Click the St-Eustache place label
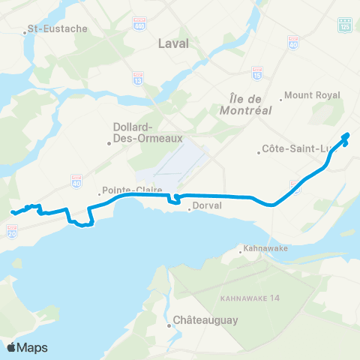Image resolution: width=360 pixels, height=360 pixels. coord(57,29)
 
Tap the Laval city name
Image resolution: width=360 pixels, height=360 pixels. coord(173,44)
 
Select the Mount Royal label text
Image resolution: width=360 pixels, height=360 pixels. coord(313,96)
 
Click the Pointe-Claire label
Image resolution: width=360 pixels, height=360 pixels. coord(127,190)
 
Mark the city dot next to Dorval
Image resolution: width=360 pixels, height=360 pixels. coord(189,210)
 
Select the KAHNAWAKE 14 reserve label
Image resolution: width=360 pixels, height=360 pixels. coord(249,298)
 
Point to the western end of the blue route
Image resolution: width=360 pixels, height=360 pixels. coord(12,213)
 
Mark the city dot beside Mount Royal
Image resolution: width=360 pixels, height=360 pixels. coord(281,97)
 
